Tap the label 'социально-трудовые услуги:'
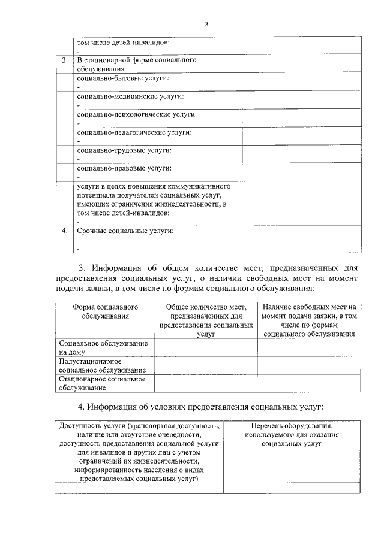click(124, 150)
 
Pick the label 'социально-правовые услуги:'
click(124, 168)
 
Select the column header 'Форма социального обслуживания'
click(106, 311)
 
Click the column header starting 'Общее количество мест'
click(206, 320)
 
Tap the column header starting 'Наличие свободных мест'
click(309, 320)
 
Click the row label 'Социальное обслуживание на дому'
click(102, 348)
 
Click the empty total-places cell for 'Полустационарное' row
click(206, 366)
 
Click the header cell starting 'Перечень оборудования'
click(292, 435)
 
